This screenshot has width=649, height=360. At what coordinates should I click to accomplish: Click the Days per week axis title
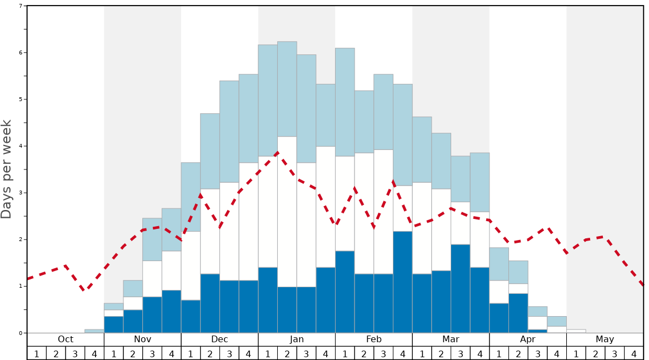pyautogui.click(x=7, y=169)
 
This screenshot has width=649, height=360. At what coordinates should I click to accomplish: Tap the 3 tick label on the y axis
pyautogui.click(x=20, y=193)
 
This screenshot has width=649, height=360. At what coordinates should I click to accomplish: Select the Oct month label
pyautogui.click(x=66, y=339)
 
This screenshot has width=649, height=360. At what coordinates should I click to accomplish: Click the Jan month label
pyautogui.click(x=297, y=339)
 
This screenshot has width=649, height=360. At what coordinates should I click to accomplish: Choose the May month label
pyautogui.click(x=605, y=339)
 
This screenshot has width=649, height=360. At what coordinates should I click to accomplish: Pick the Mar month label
pyautogui.click(x=451, y=339)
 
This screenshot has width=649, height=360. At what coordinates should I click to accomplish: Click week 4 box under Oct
pyautogui.click(x=94, y=353)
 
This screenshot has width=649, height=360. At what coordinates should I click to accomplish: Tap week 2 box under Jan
pyautogui.click(x=287, y=353)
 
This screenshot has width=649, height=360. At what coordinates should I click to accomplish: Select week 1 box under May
pyautogui.click(x=576, y=353)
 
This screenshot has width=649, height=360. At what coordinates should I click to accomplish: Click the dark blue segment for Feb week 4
pyautogui.click(x=403, y=282)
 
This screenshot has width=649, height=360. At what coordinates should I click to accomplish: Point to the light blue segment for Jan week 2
pyautogui.click(x=287, y=89)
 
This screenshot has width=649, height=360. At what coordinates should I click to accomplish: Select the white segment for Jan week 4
pyautogui.click(x=326, y=207)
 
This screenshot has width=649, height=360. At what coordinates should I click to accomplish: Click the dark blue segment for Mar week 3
pyautogui.click(x=461, y=288)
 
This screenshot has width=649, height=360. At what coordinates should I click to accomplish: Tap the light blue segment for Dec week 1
pyautogui.click(x=191, y=197)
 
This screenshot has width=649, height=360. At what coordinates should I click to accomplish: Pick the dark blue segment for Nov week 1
pyautogui.click(x=113, y=324)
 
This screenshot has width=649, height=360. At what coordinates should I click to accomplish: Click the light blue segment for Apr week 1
pyautogui.click(x=499, y=264)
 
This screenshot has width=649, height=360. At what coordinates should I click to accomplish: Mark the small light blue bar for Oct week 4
pyautogui.click(x=94, y=331)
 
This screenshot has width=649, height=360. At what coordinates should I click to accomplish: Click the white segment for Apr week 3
pyautogui.click(x=537, y=323)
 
